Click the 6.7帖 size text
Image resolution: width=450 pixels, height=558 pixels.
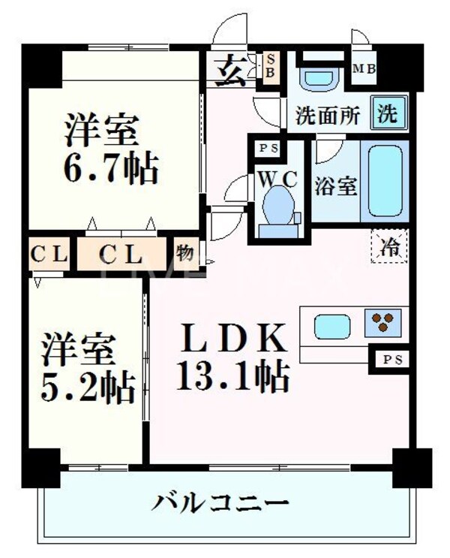(110, 169)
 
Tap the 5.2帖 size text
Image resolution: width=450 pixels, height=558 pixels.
(88, 388)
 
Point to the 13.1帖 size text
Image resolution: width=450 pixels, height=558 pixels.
(232, 376)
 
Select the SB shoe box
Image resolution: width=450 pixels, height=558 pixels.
(270, 66)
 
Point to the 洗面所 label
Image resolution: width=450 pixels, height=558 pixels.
(327, 116)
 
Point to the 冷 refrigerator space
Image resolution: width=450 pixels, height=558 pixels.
(389, 246)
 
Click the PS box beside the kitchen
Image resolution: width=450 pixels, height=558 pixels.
(391, 360)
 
